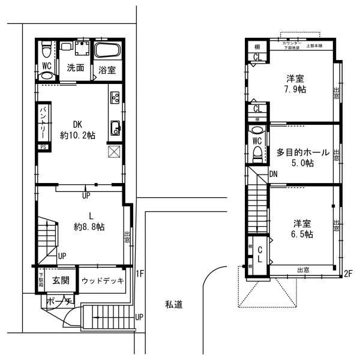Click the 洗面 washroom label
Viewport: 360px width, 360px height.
(76, 68)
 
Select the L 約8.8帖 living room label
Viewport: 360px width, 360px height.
(89, 221)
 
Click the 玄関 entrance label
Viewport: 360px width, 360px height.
(61, 280)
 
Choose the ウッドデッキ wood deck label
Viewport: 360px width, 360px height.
(102, 280)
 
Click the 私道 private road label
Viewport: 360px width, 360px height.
(173, 304)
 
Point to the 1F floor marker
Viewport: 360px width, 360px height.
(140, 274)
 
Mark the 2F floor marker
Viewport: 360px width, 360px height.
(347, 274)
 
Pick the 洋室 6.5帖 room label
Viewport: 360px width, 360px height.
(301, 229)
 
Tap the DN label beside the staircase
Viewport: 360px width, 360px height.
(273, 174)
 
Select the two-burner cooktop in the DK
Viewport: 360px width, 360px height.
(115, 98)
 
